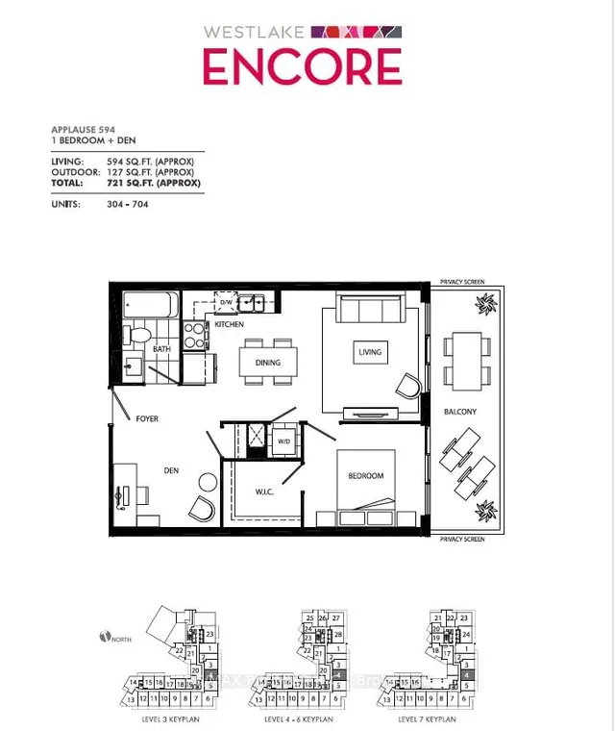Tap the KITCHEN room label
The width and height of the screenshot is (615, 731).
tap(229, 325)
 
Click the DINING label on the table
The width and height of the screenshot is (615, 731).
tap(267, 363)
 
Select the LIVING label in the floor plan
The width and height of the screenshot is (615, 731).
tap(370, 352)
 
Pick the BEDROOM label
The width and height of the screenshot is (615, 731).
tap(365, 476)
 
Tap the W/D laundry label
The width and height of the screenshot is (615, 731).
tap(284, 442)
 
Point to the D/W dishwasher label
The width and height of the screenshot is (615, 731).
tap(227, 303)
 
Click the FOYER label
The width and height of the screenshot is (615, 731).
tap(146, 419)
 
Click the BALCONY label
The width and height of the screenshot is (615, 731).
tap(459, 412)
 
